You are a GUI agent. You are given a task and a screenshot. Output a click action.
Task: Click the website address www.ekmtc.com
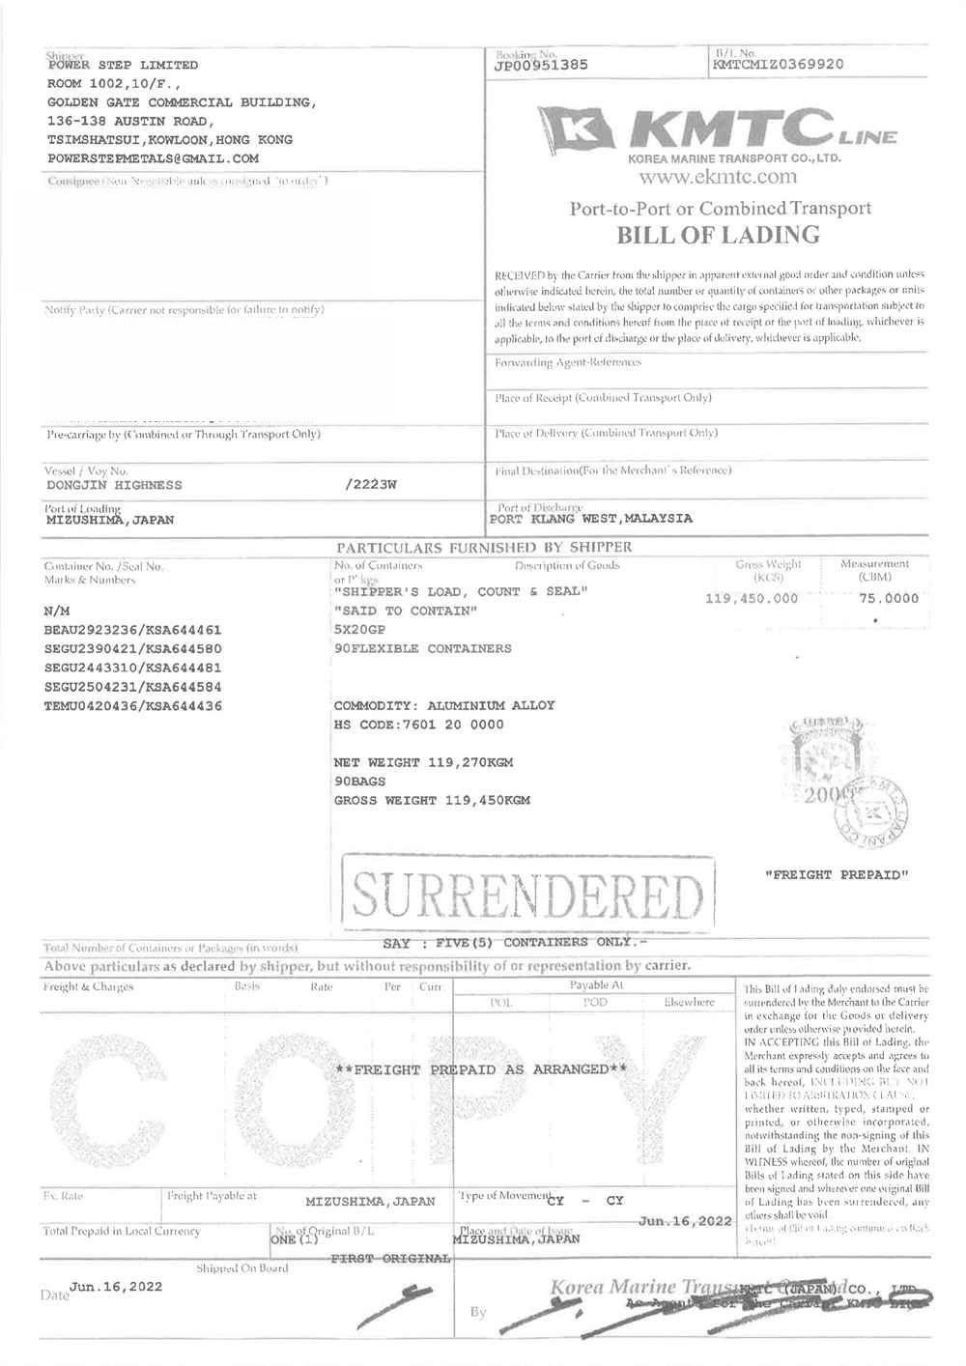[718, 177]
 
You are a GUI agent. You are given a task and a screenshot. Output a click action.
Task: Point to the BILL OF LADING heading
[718, 235]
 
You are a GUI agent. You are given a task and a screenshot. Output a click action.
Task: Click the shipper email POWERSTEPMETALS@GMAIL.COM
[153, 158]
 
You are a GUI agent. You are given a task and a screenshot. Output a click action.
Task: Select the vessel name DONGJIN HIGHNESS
[114, 485]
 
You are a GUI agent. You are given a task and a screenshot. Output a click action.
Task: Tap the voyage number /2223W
[370, 484]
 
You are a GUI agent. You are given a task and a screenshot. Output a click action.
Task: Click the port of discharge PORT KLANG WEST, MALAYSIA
[591, 519]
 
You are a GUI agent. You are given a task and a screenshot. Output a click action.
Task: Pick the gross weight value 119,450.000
[752, 598]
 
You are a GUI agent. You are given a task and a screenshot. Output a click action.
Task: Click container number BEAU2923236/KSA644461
[133, 630]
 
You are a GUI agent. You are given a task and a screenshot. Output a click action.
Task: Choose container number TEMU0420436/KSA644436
[133, 706]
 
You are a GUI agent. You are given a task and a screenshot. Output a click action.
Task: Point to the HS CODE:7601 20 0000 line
[418, 725]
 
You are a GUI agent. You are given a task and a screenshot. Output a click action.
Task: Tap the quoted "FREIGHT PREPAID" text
[838, 875]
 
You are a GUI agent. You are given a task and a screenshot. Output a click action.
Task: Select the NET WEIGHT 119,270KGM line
[423, 762]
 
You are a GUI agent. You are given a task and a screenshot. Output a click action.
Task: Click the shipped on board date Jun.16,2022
[116, 1287]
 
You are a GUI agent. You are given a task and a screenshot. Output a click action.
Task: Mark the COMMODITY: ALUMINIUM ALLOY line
[444, 705]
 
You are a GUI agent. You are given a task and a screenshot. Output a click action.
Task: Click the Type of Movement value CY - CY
[585, 1201]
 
